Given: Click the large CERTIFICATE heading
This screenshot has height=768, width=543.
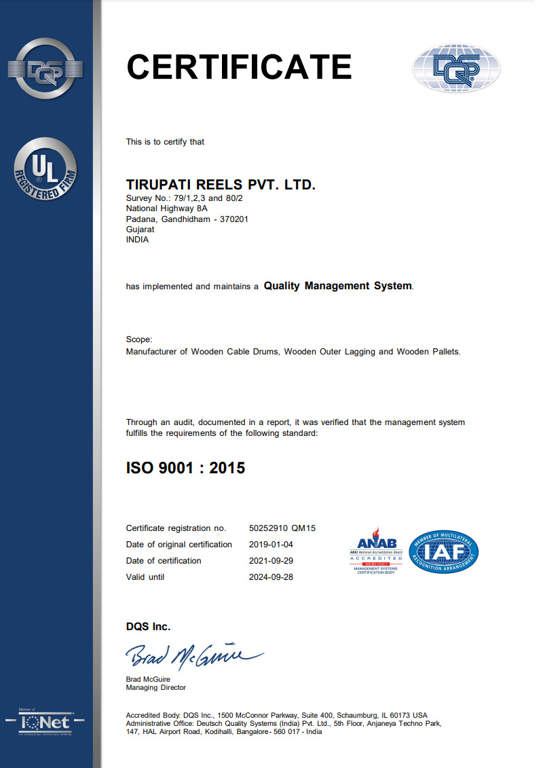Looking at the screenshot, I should tap(239, 67).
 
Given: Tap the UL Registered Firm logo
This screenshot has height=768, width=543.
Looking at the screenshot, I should tap(45, 169).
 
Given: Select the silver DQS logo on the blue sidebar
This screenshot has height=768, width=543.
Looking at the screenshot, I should tap(45, 69).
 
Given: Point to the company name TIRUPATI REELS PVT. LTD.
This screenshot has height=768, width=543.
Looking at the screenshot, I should tap(221, 185).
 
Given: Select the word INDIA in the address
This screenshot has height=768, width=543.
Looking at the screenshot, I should tap(137, 239).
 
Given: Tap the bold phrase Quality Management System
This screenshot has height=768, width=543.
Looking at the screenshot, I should tap(337, 286).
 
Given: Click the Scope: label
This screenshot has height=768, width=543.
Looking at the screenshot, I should tap(139, 340).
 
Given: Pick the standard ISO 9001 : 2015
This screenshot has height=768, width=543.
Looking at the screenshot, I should tap(185, 468).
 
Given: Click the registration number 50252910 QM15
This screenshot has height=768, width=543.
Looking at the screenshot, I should tap(283, 528).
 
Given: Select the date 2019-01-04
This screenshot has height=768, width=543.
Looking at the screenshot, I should tap(271, 545).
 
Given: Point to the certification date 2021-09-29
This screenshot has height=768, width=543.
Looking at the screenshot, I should tap(271, 561).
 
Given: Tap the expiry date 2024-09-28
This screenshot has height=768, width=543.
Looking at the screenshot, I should tap(271, 577).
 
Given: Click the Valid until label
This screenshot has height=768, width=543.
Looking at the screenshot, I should tap(145, 577).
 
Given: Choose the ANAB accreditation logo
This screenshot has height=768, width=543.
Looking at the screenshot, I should tap(376, 551).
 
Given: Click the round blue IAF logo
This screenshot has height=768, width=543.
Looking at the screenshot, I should tap(445, 551).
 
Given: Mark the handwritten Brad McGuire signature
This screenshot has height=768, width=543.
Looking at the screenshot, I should tap(193, 656).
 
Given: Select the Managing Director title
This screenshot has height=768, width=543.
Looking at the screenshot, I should tap(155, 688).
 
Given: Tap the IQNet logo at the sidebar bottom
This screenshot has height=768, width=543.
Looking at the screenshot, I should tap(45, 721).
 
